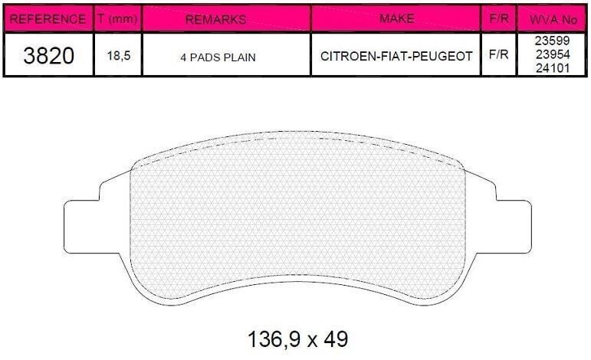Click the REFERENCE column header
tap(48, 19)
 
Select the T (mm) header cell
tap(117, 19)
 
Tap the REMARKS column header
tap(216, 20)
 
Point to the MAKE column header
tap(396, 18)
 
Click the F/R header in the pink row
tap(499, 18)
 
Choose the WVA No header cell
tap(553, 20)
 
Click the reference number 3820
tap(48, 56)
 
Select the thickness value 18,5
tap(119, 56)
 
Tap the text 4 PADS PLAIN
tap(218, 57)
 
